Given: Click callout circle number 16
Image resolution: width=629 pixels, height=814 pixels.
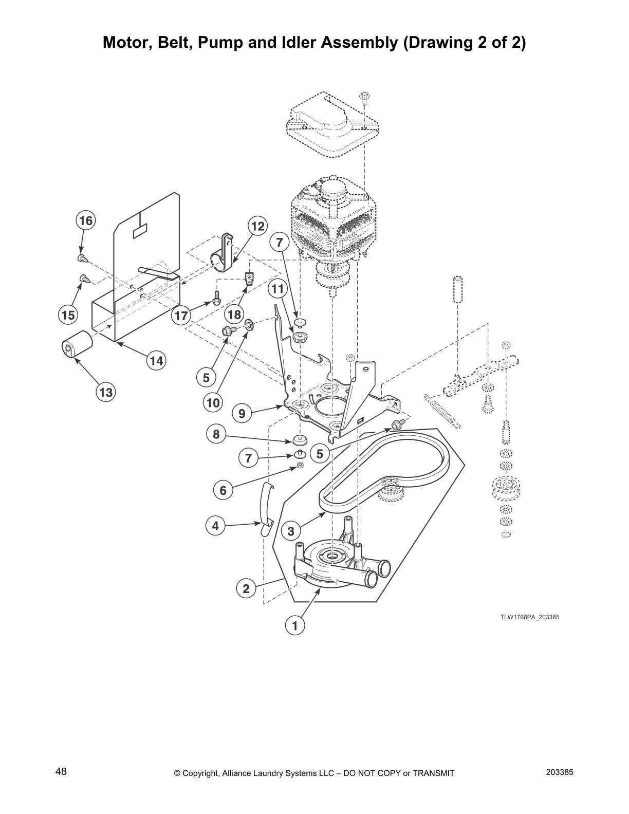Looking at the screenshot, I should coord(86,220).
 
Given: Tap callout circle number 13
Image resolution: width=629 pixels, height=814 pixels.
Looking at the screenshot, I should coord(105,393).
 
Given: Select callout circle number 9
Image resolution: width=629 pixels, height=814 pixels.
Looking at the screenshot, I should coord(242,413).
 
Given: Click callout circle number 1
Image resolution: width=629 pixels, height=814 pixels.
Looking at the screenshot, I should coord(295,625).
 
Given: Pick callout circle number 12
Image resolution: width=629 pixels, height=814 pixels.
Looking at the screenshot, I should coord(258,226).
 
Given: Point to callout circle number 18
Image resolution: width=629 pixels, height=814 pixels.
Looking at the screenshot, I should coord(234,314).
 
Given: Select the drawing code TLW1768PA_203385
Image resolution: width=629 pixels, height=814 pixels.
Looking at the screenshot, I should coord(529,617).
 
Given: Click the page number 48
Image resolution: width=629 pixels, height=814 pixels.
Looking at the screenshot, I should coord(61,772).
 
